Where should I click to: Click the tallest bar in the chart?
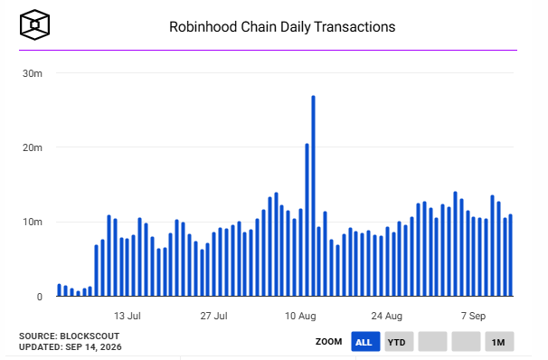(313, 195)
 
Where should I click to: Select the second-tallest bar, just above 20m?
(307, 220)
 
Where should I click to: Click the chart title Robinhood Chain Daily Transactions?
(282, 27)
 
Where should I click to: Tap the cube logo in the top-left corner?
(34, 24)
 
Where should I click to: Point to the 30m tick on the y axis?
(33, 73)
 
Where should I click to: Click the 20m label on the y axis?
(33, 147)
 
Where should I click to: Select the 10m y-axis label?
(33, 222)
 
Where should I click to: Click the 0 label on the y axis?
(40, 297)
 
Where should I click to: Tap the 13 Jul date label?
(128, 316)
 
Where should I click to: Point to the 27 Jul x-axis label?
(213, 316)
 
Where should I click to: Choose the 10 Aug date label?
(300, 316)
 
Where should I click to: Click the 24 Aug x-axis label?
(386, 316)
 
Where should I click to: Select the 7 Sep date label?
(473, 316)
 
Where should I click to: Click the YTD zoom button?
(399, 342)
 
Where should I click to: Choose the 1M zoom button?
(499, 342)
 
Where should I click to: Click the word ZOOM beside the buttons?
(328, 342)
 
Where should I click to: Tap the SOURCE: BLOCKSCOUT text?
(70, 336)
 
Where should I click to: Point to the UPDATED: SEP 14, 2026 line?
(71, 347)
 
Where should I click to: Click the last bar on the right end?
(510, 255)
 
